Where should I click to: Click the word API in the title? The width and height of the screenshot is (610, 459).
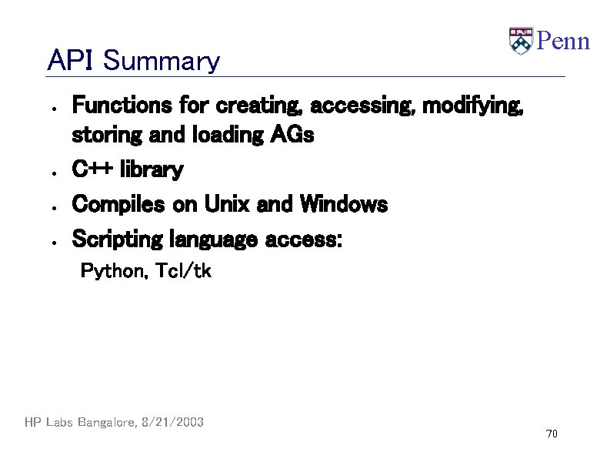point(70,60)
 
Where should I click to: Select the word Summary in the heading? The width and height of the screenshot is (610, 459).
point(161,61)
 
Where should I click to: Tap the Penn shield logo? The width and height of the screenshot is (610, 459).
point(521,41)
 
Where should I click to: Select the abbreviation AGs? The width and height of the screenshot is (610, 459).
point(292,136)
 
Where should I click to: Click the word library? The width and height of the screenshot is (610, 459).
point(155,170)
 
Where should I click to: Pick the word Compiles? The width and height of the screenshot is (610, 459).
point(118,205)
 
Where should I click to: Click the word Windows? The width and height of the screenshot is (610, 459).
point(344,205)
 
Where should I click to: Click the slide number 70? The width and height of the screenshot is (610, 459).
point(551,434)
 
